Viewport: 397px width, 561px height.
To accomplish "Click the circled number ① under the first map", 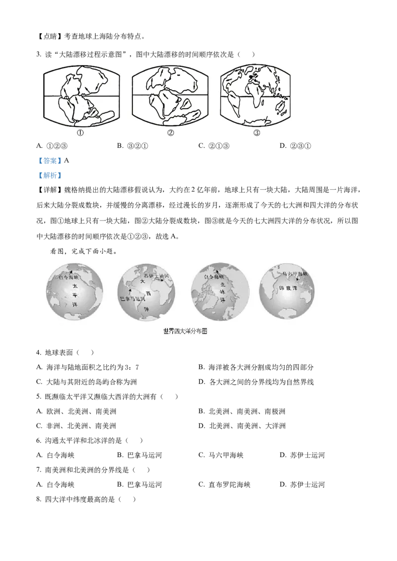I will click(80, 133).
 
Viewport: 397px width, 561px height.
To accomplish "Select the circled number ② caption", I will click(170, 133).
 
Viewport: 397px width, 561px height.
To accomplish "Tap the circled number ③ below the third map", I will click(257, 133).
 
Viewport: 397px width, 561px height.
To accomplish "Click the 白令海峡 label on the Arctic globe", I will click(215, 277).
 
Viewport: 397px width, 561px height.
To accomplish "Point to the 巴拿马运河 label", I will click(133, 299).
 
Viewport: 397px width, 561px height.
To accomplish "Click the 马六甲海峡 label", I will click(295, 274).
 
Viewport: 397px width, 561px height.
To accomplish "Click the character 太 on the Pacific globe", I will click(74, 286).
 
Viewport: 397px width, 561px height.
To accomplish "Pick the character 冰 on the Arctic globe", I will click(223, 293).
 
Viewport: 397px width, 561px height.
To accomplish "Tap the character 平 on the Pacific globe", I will click(74, 295).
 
